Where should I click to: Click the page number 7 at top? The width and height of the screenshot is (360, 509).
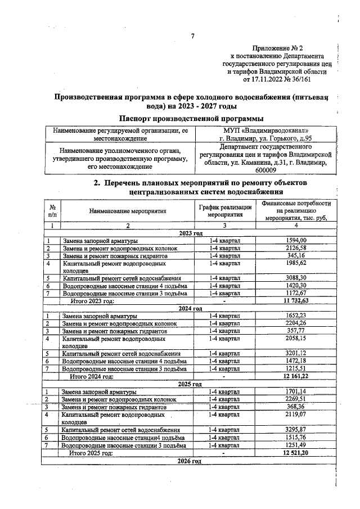(192, 37)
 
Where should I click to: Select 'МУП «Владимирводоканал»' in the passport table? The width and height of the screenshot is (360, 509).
(265, 130)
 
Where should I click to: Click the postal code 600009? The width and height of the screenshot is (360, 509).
(265, 170)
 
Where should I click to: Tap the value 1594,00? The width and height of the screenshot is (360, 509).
(296, 240)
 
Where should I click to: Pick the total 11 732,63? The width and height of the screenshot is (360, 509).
(296, 301)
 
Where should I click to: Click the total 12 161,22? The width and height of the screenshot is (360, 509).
(296, 376)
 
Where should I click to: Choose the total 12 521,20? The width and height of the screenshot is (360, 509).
(296, 452)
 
